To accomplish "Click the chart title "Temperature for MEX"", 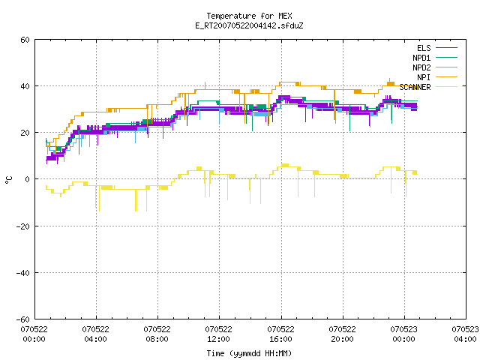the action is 249,16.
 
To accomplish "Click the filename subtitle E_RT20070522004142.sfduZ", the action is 249,25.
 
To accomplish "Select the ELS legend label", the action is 424,48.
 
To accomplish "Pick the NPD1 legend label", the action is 421,58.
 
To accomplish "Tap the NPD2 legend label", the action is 421,67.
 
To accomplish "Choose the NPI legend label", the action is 424,77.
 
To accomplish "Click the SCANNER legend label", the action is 415,87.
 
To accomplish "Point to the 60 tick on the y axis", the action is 25,40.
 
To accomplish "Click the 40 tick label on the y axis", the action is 25,86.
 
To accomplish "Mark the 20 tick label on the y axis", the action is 25,133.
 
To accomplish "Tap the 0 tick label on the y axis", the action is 28,179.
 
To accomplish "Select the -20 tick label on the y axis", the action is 23,226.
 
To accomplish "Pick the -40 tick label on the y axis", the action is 23,273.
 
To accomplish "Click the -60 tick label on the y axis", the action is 23,319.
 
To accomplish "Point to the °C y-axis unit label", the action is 8,180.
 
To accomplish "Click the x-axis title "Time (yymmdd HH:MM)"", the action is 249,353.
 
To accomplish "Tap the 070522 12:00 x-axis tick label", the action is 218,334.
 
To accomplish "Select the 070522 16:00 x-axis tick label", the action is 280,334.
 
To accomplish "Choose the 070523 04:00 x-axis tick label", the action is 465,334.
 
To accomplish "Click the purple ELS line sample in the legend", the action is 447,48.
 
